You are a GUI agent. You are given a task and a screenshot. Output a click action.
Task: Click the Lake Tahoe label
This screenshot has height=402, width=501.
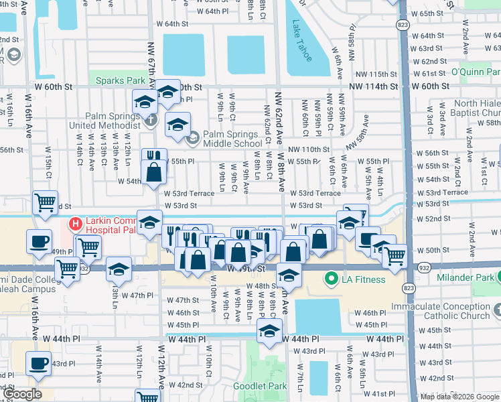301,41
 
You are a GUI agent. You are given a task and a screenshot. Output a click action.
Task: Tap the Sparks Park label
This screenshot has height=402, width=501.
120,81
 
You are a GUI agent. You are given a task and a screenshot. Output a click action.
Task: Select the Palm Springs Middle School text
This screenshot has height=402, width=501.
232,139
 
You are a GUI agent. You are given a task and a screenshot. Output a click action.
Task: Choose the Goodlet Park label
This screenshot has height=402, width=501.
259,386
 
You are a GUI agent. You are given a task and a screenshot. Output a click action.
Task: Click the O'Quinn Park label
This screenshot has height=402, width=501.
475,72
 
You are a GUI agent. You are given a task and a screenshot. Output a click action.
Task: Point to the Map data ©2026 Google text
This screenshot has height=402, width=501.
459,397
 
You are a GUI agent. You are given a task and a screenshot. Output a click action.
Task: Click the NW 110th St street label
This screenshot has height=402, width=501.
309,149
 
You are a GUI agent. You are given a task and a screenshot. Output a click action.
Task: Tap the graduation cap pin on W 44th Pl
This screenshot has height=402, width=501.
269,332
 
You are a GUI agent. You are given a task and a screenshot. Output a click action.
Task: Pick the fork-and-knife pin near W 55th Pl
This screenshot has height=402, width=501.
155,157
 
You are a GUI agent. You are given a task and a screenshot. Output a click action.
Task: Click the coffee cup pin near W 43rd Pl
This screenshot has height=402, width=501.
38,363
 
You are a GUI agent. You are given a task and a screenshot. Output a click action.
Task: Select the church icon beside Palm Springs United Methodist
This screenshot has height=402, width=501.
151,120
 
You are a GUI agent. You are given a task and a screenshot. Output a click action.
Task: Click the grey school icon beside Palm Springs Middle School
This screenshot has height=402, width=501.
193,139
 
